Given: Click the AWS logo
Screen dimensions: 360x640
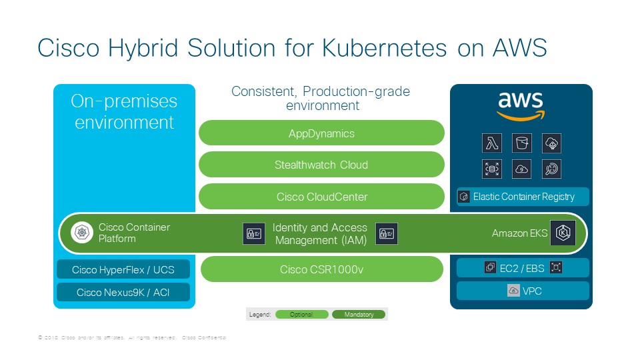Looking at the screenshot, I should tap(521, 106).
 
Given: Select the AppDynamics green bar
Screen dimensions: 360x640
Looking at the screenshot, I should tap(321, 133).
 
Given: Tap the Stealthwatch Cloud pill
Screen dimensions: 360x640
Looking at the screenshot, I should tap(321, 165).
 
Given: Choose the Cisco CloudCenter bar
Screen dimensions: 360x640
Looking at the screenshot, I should tap(321, 197).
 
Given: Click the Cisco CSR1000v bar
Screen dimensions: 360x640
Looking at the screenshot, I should tap(322, 269).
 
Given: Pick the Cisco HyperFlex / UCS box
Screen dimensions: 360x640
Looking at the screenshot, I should tap(123, 269).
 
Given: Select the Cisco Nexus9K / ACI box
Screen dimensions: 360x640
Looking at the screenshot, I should tap(123, 292).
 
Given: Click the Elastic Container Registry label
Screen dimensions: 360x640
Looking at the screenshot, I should tap(523, 197).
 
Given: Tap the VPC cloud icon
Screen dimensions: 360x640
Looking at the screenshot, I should tap(513, 291).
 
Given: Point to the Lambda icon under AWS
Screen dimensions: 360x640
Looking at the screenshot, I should tap(492, 143).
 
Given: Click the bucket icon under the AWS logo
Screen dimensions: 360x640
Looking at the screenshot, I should tap(521, 143).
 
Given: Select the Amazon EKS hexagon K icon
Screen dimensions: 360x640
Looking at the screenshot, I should tap(563, 233).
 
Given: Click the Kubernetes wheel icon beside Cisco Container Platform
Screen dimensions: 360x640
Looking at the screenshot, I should tap(83, 233).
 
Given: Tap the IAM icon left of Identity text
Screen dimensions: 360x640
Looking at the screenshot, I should tap(254, 233).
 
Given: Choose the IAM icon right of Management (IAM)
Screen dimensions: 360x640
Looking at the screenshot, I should tap(387, 233).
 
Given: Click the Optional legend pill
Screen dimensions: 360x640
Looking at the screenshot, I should tap(301, 314).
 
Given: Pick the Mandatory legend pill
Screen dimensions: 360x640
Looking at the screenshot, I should tap(359, 314).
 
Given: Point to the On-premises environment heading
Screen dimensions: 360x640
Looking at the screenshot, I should tap(124, 112).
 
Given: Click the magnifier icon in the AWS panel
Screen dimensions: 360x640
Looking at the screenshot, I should tap(551, 169).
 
